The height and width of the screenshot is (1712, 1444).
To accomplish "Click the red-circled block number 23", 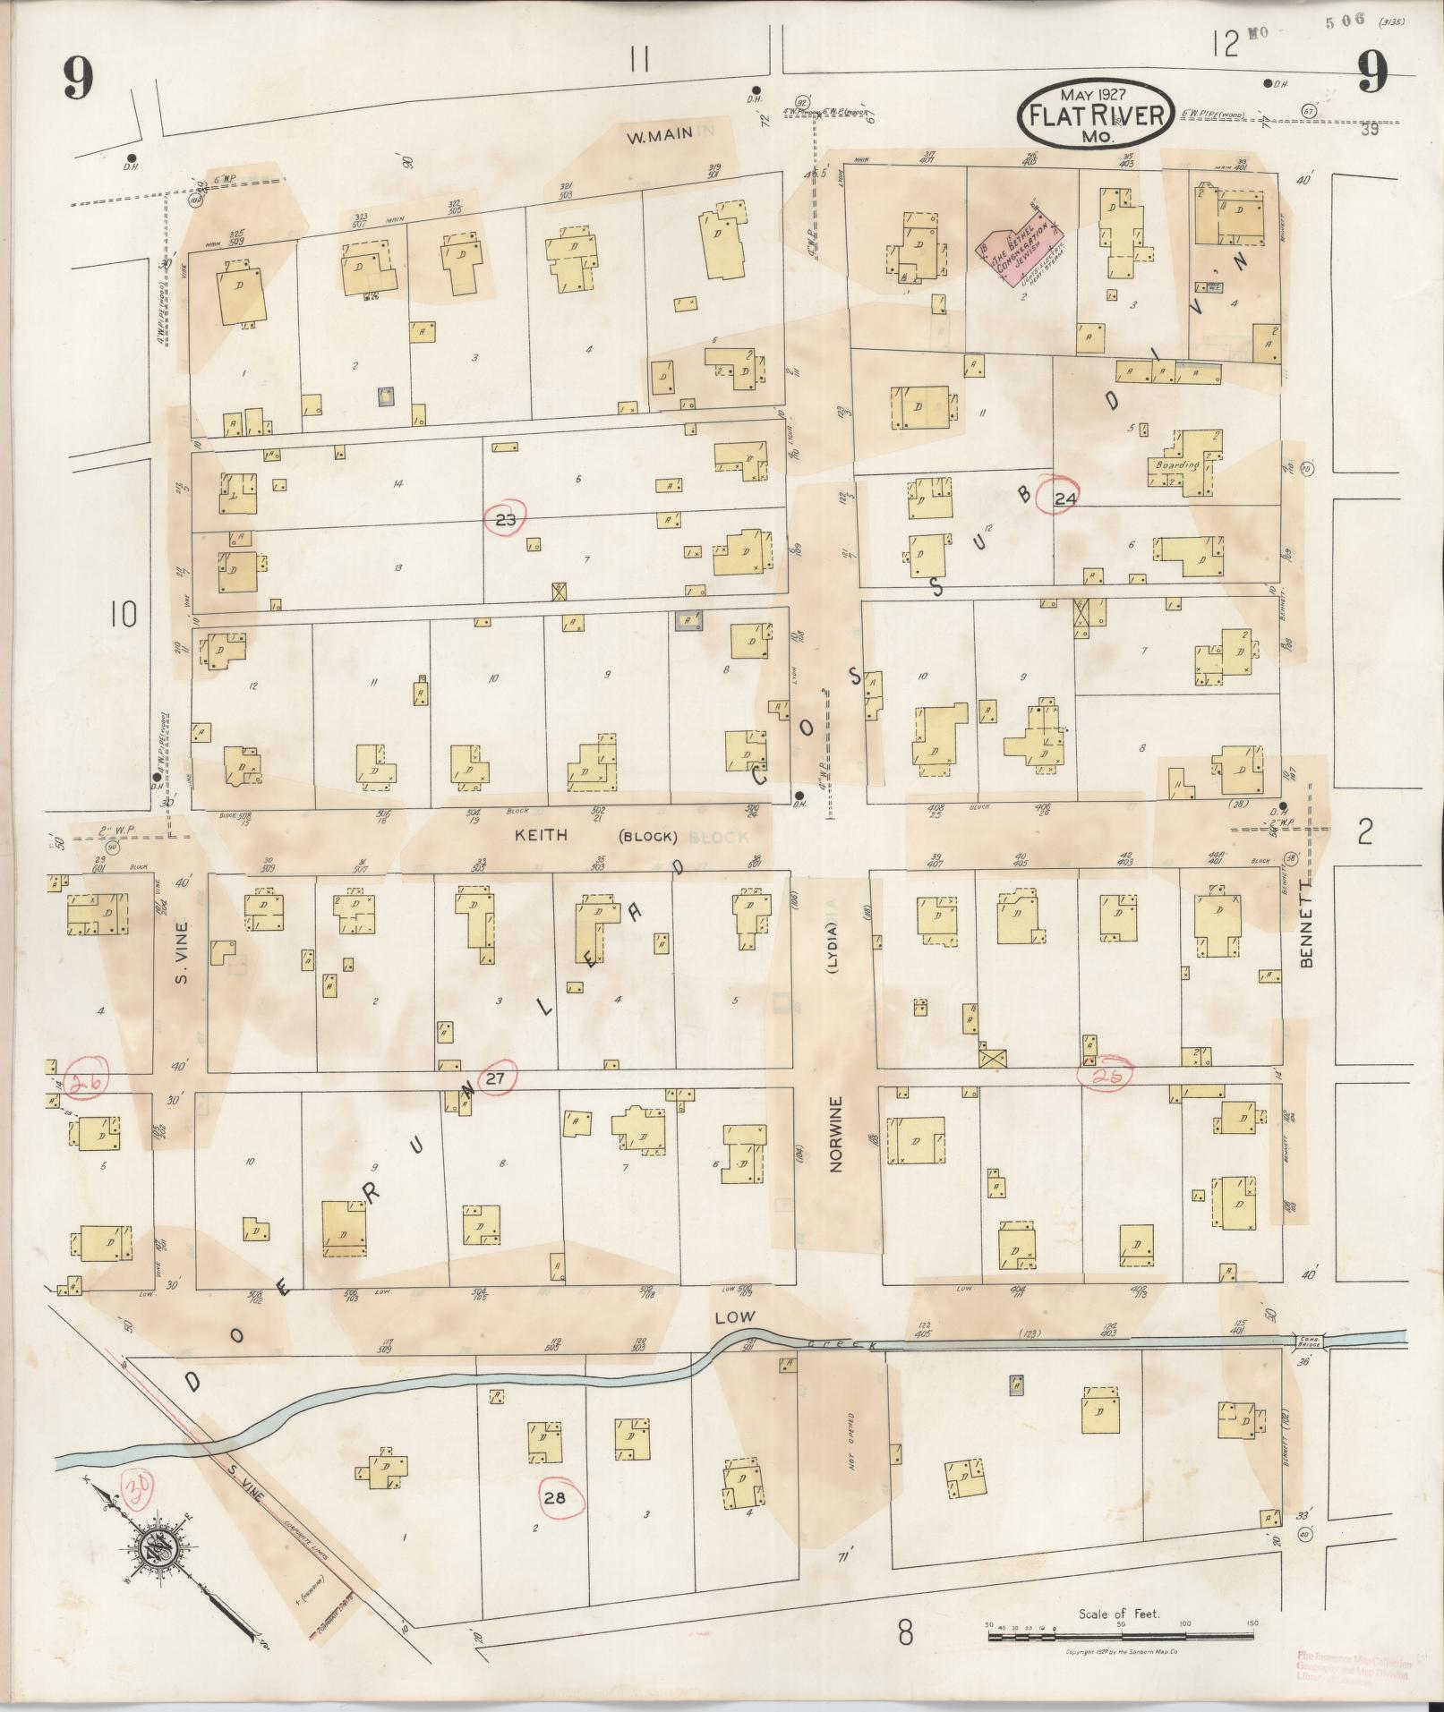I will point(506,517).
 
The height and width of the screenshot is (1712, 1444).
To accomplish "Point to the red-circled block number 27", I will point(496,1079).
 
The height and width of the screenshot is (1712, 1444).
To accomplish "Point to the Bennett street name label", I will point(1305,935).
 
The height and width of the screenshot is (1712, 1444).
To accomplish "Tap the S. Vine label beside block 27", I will point(181,953).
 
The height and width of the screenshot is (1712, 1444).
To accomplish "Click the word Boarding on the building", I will point(1176,466).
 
